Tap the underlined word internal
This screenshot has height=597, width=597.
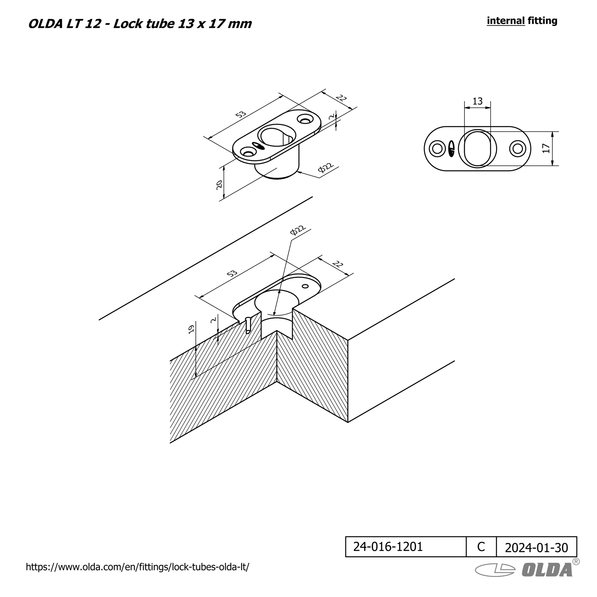pyautogui.click(x=506, y=20)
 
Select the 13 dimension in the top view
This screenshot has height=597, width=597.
pyautogui.click(x=477, y=101)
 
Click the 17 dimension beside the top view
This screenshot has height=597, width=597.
pyautogui.click(x=546, y=148)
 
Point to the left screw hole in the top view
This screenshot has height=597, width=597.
pyautogui.click(x=437, y=149)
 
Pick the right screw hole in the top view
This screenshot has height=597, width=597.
pyautogui.click(x=517, y=149)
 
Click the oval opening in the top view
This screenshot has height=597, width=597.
pyautogui.click(x=477, y=149)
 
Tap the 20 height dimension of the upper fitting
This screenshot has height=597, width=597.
pyautogui.click(x=219, y=185)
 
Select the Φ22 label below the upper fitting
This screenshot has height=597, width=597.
pyautogui.click(x=326, y=169)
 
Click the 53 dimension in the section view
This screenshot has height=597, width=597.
pyautogui.click(x=232, y=273)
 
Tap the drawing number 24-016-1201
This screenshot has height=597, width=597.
pyautogui.click(x=388, y=547)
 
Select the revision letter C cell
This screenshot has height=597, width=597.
pyautogui.click(x=481, y=547)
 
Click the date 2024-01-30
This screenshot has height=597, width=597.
pyautogui.click(x=537, y=548)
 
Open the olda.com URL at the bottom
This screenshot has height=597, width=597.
pyautogui.click(x=137, y=567)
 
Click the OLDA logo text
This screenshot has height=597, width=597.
pyautogui.click(x=547, y=570)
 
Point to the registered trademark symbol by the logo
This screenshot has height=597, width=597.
pyautogui.click(x=576, y=562)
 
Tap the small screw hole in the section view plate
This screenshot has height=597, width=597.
pyautogui.click(x=305, y=286)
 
